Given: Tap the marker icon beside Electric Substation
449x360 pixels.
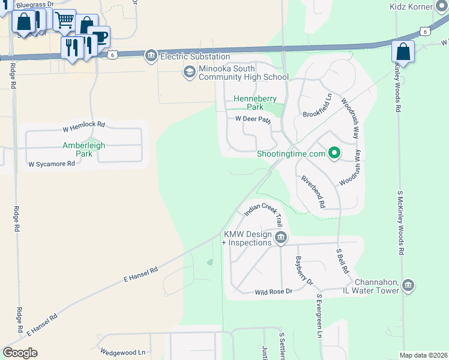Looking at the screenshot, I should coord(151,56).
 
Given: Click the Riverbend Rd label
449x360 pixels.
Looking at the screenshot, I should coord(313,191).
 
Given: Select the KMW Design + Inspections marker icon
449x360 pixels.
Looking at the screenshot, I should coord(280,239).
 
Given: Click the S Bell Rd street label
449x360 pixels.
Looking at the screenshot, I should coord(343,260).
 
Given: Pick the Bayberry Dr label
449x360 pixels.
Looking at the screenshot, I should coord(304,271).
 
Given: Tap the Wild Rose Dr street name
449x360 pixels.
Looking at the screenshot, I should coord(273,292).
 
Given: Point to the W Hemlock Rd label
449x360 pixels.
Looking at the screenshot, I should coord(83,127).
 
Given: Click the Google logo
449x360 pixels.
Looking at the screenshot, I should coord(20,353).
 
